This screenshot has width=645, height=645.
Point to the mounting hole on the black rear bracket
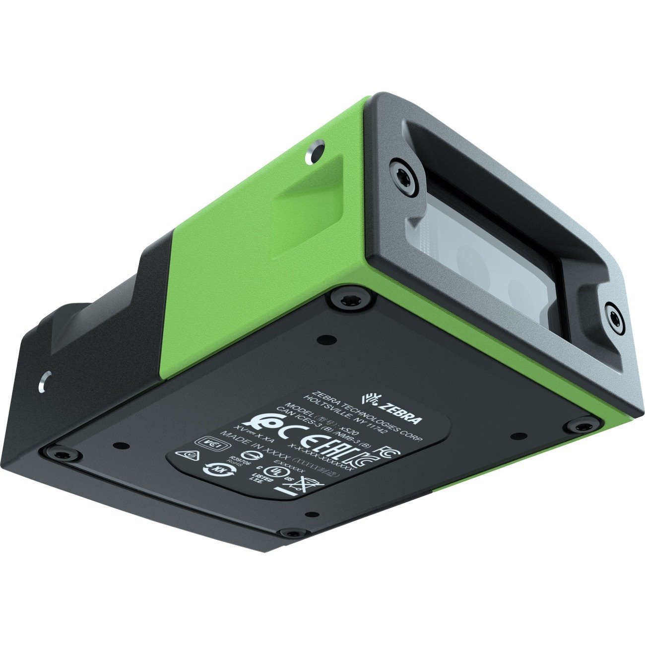tap(45, 380)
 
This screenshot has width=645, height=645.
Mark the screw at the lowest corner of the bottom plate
tap(290, 533)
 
